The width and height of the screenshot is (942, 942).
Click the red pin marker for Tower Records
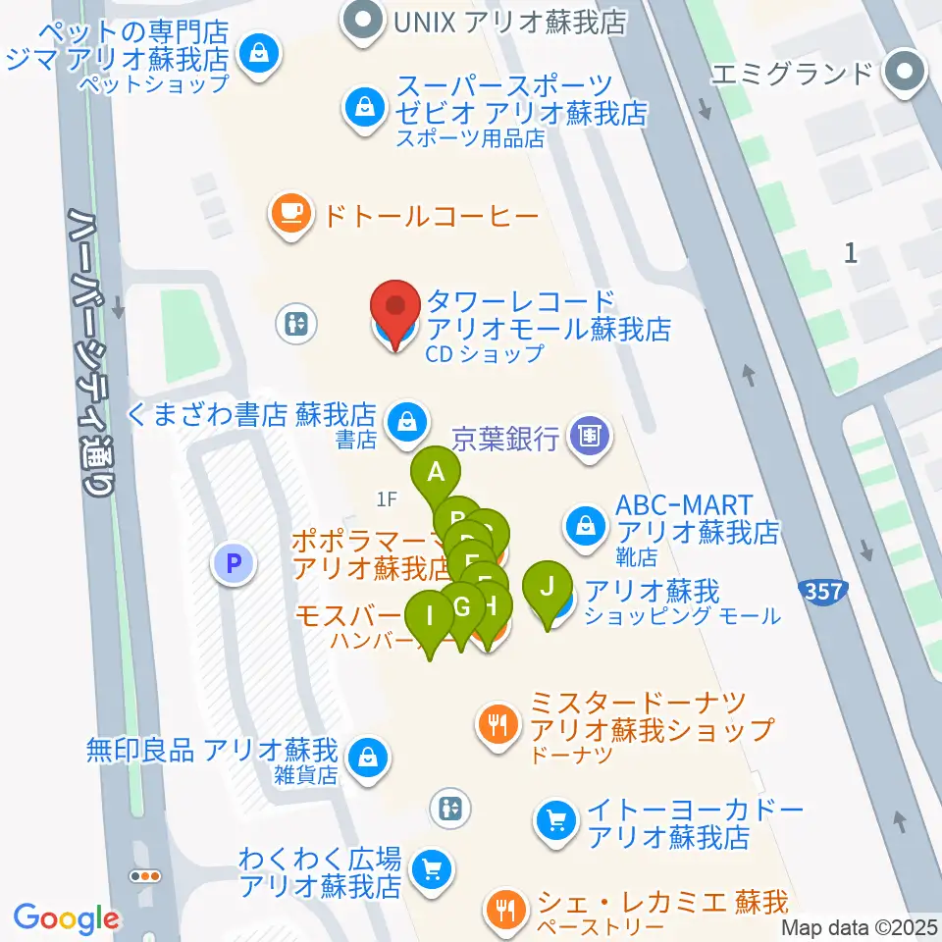click(x=396, y=312)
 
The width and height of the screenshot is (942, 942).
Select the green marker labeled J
click(x=549, y=589)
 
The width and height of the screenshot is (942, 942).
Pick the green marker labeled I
click(x=429, y=618)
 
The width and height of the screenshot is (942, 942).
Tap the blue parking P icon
click(x=234, y=563)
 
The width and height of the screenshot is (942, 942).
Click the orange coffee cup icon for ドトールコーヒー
click(x=290, y=212)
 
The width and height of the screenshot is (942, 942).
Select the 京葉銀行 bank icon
click(x=589, y=435)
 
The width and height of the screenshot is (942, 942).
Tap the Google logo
click(x=66, y=918)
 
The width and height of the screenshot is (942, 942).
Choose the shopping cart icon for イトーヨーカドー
click(x=557, y=817)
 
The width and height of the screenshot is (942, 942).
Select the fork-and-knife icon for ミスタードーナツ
click(x=499, y=725)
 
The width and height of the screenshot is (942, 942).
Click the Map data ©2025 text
click(x=861, y=927)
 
